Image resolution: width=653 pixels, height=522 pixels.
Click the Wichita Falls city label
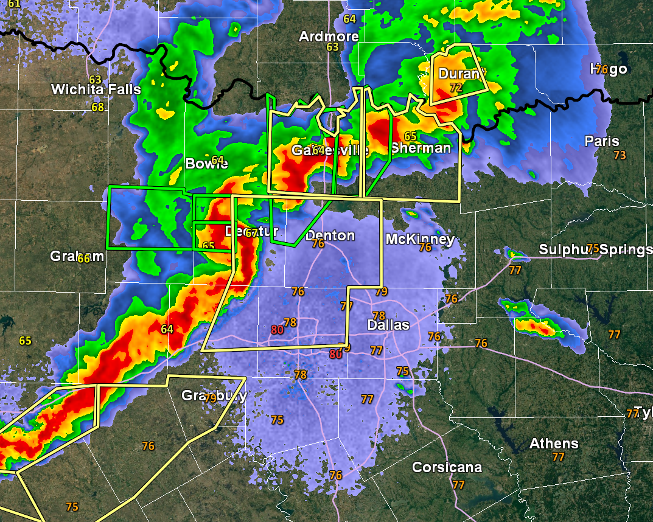pyautogui.click(x=96, y=90)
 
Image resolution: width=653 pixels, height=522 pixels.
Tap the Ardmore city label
pyautogui.click(x=329, y=37)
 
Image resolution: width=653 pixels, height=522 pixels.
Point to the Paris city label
pyautogui.click(x=601, y=141)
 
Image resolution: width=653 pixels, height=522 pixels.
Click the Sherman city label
pyautogui.click(x=421, y=148)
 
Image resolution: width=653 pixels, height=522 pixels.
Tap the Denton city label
pyautogui.click(x=330, y=235)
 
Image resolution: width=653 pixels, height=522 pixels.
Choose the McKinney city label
pyautogui.click(x=420, y=239)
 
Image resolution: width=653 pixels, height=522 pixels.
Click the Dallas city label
pyautogui.click(x=388, y=325)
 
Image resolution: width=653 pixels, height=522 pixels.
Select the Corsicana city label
pyautogui.click(x=447, y=467)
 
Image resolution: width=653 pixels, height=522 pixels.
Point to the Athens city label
pyautogui.click(x=554, y=444)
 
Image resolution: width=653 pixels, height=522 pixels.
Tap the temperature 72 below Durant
pyautogui.click(x=456, y=88)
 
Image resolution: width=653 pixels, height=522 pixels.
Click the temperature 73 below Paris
pyautogui.click(x=620, y=155)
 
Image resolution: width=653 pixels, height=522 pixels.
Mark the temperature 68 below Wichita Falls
pyautogui.click(x=98, y=107)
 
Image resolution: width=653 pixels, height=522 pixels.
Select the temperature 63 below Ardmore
pyautogui.click(x=332, y=47)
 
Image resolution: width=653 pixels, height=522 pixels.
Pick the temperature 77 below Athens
pyautogui.click(x=558, y=456)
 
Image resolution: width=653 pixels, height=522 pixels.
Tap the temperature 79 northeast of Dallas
pyautogui.click(x=381, y=291)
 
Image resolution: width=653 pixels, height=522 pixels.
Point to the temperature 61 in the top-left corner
pyautogui.click(x=14, y=4)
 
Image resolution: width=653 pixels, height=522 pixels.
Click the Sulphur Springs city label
pyautogui.click(x=593, y=249)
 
